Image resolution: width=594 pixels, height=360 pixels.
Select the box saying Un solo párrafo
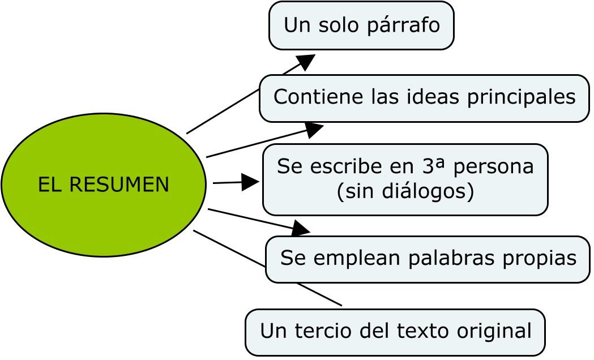pos(361,25)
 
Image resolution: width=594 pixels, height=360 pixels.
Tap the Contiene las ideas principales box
pos(424,97)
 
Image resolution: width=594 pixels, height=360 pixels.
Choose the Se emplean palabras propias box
pos(428,259)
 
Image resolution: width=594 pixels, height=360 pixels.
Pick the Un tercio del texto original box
pos(395,331)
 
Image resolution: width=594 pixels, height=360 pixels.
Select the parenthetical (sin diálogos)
pos(405,192)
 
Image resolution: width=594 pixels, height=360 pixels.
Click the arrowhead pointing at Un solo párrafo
pos(306,62)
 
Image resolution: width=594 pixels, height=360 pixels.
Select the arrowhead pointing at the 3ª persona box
pos(250,182)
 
